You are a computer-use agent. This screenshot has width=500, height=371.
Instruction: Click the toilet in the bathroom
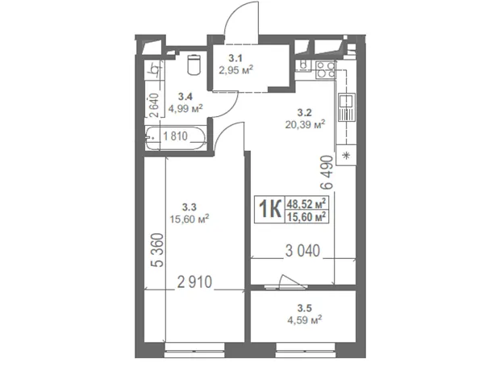(x=194, y=65)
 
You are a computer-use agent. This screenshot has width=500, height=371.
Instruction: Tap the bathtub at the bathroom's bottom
(x=176, y=137)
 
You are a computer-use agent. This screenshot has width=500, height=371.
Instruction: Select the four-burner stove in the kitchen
(x=325, y=70)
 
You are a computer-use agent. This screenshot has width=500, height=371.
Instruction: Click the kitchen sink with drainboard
(x=346, y=107)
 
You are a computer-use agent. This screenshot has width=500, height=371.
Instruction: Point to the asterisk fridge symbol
(x=346, y=156)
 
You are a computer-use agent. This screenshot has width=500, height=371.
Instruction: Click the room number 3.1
(x=235, y=58)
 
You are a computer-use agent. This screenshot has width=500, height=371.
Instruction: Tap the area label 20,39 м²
(x=305, y=123)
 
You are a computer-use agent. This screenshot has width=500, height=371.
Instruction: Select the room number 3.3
(x=189, y=207)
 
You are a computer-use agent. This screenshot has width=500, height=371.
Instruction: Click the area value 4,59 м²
(x=305, y=319)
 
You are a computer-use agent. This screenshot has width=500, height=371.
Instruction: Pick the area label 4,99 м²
(x=185, y=108)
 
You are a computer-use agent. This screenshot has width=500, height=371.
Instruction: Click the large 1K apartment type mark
(x=270, y=209)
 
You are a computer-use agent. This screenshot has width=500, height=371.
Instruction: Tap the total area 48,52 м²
(x=306, y=203)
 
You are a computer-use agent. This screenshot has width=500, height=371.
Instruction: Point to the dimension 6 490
(x=327, y=173)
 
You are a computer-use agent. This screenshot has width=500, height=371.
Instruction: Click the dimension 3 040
(x=302, y=251)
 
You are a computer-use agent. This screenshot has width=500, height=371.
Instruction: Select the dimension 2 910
(x=194, y=282)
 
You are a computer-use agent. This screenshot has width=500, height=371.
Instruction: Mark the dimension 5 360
(x=157, y=250)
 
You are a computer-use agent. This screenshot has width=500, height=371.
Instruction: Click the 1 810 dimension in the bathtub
(x=175, y=136)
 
